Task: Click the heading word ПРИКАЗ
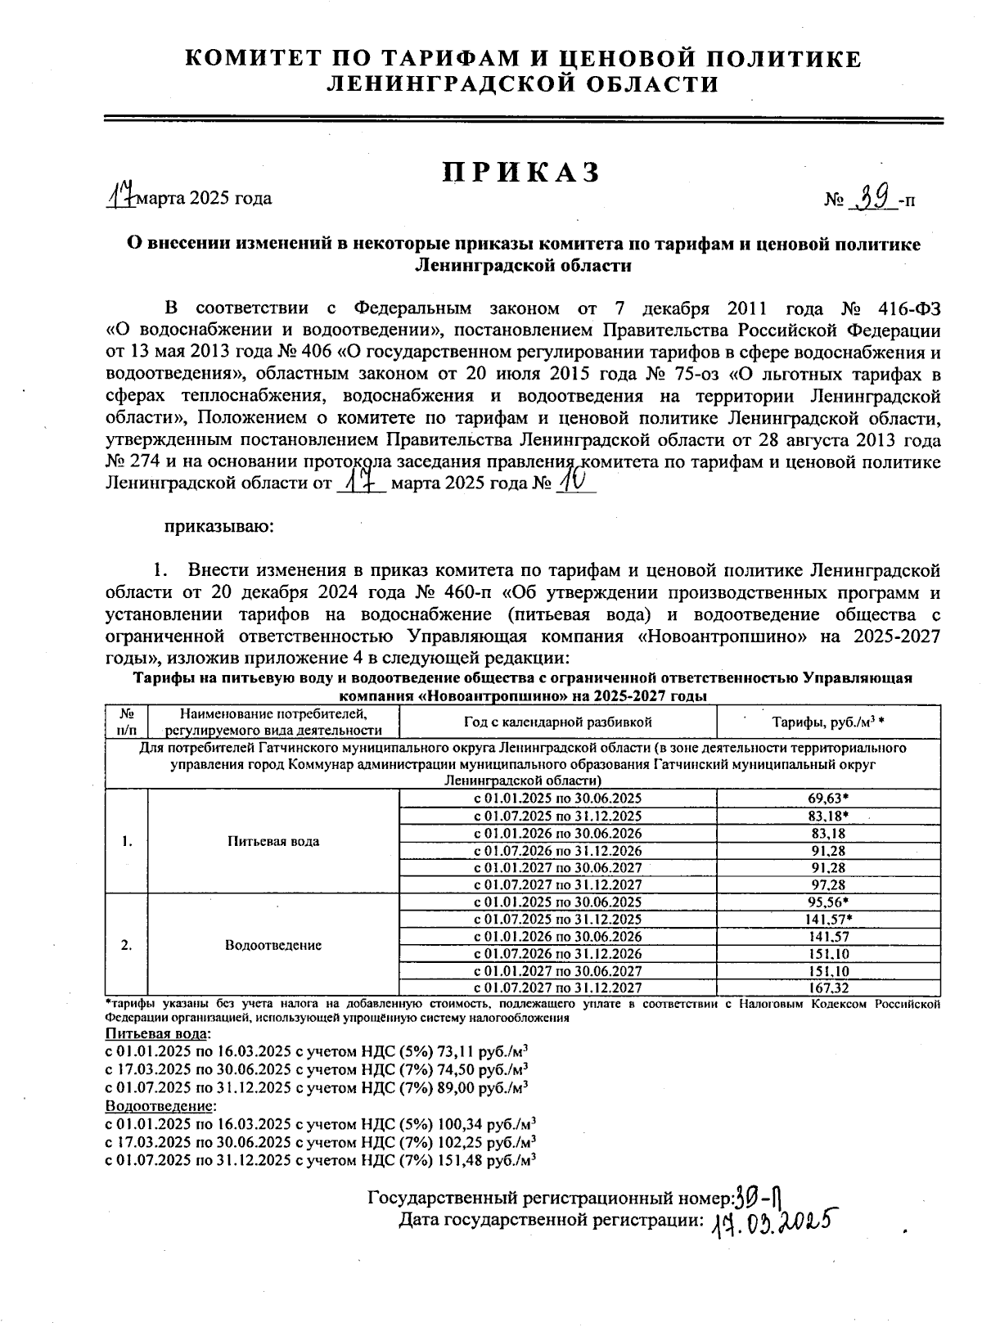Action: tap(522, 173)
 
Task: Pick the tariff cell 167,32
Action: tap(827, 988)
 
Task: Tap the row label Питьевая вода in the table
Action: tap(273, 841)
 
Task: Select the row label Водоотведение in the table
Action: tap(273, 945)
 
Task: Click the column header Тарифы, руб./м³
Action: tap(828, 722)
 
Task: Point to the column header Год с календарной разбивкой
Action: tap(557, 722)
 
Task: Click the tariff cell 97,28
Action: tap(827, 884)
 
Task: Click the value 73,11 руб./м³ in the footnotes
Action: tap(487, 1051)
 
